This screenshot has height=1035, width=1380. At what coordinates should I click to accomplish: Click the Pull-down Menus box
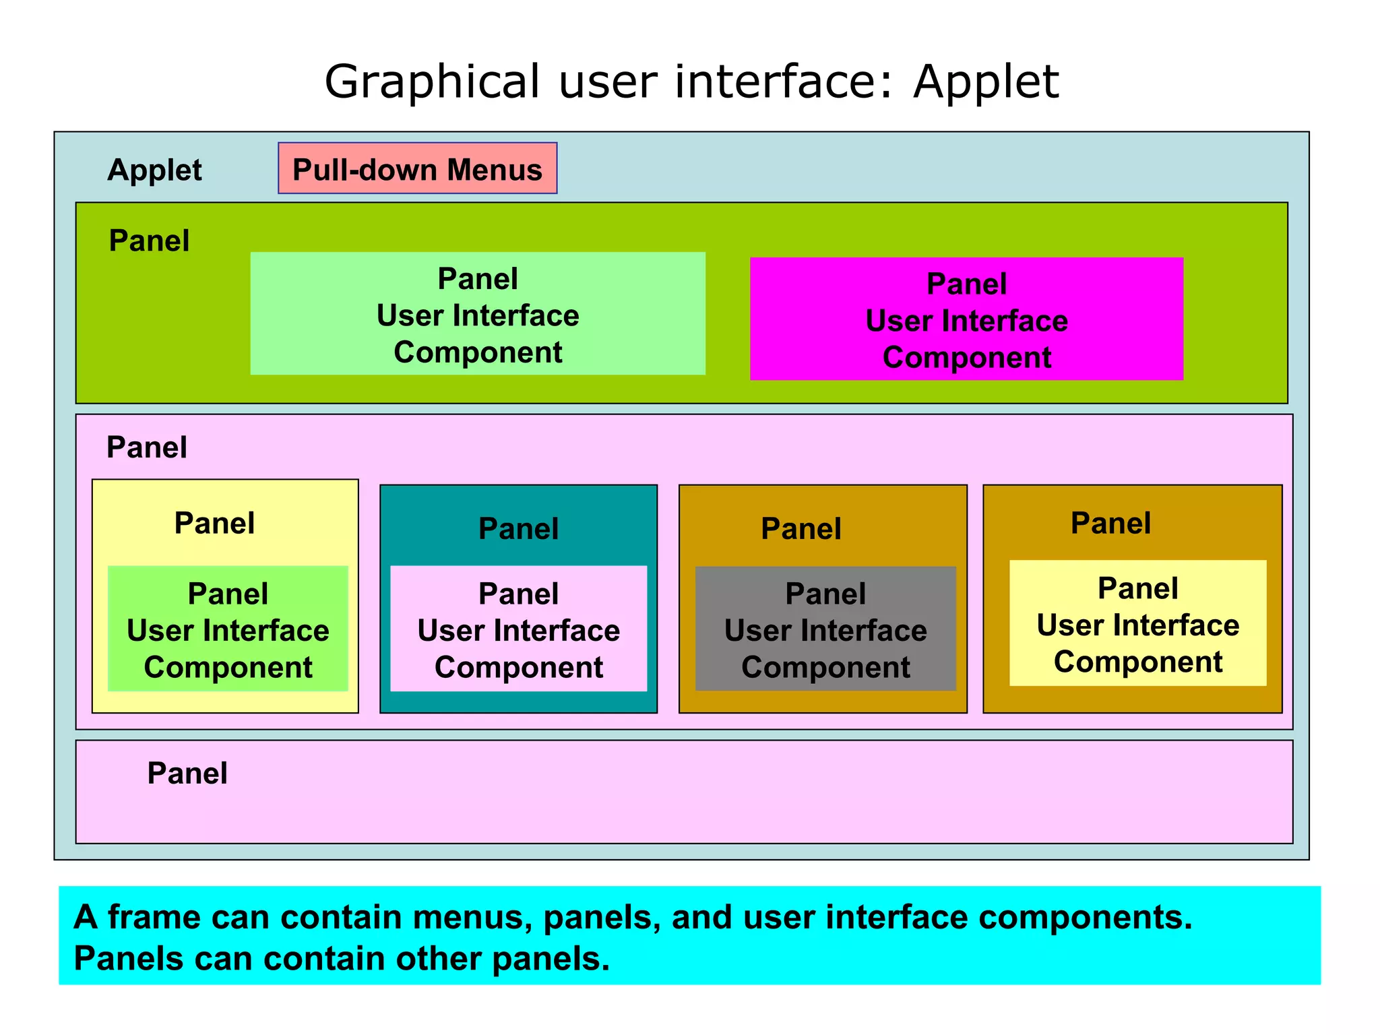coord(417,168)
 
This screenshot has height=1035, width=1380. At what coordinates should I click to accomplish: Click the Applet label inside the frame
coord(154,170)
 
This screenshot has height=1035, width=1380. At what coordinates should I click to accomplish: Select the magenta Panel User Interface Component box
coord(966,319)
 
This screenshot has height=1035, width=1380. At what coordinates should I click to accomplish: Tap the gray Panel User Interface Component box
coord(825,629)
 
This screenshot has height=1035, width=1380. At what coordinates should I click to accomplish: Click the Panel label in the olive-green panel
coord(149,241)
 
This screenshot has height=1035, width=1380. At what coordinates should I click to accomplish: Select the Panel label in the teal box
coord(518,528)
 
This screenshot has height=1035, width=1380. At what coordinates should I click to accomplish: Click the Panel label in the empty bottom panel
coord(187,773)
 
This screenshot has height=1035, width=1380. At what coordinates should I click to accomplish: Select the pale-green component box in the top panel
coord(478,314)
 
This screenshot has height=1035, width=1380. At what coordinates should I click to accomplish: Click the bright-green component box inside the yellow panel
coord(228,629)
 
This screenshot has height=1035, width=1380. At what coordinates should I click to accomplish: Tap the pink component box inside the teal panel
coord(518,629)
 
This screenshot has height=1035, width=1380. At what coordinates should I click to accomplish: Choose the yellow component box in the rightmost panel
coord(1137,624)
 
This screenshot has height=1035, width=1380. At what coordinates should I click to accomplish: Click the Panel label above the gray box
coord(801,528)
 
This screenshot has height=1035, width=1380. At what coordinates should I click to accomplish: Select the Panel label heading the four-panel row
coord(147,447)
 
